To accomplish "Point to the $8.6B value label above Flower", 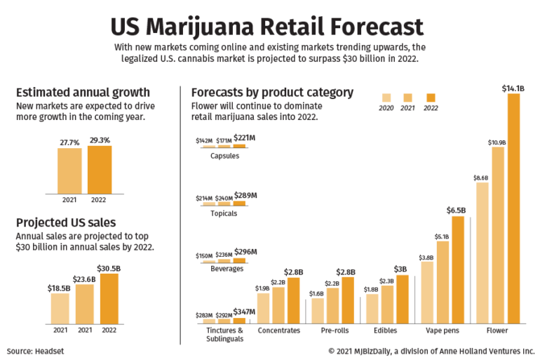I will point(481,178).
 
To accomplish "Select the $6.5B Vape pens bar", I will point(457,269).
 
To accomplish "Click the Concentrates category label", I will point(278,330).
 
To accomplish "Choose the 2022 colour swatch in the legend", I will point(431,98).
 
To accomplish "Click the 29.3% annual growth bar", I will point(100,169).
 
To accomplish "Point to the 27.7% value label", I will point(69,142).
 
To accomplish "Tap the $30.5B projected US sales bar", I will point(109,298).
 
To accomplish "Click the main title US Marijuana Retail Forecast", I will point(267,26).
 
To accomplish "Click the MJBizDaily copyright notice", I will point(431,349).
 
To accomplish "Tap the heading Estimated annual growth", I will point(83,92).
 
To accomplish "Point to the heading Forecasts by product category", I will point(272,92).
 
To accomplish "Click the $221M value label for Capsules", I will point(244,140).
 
